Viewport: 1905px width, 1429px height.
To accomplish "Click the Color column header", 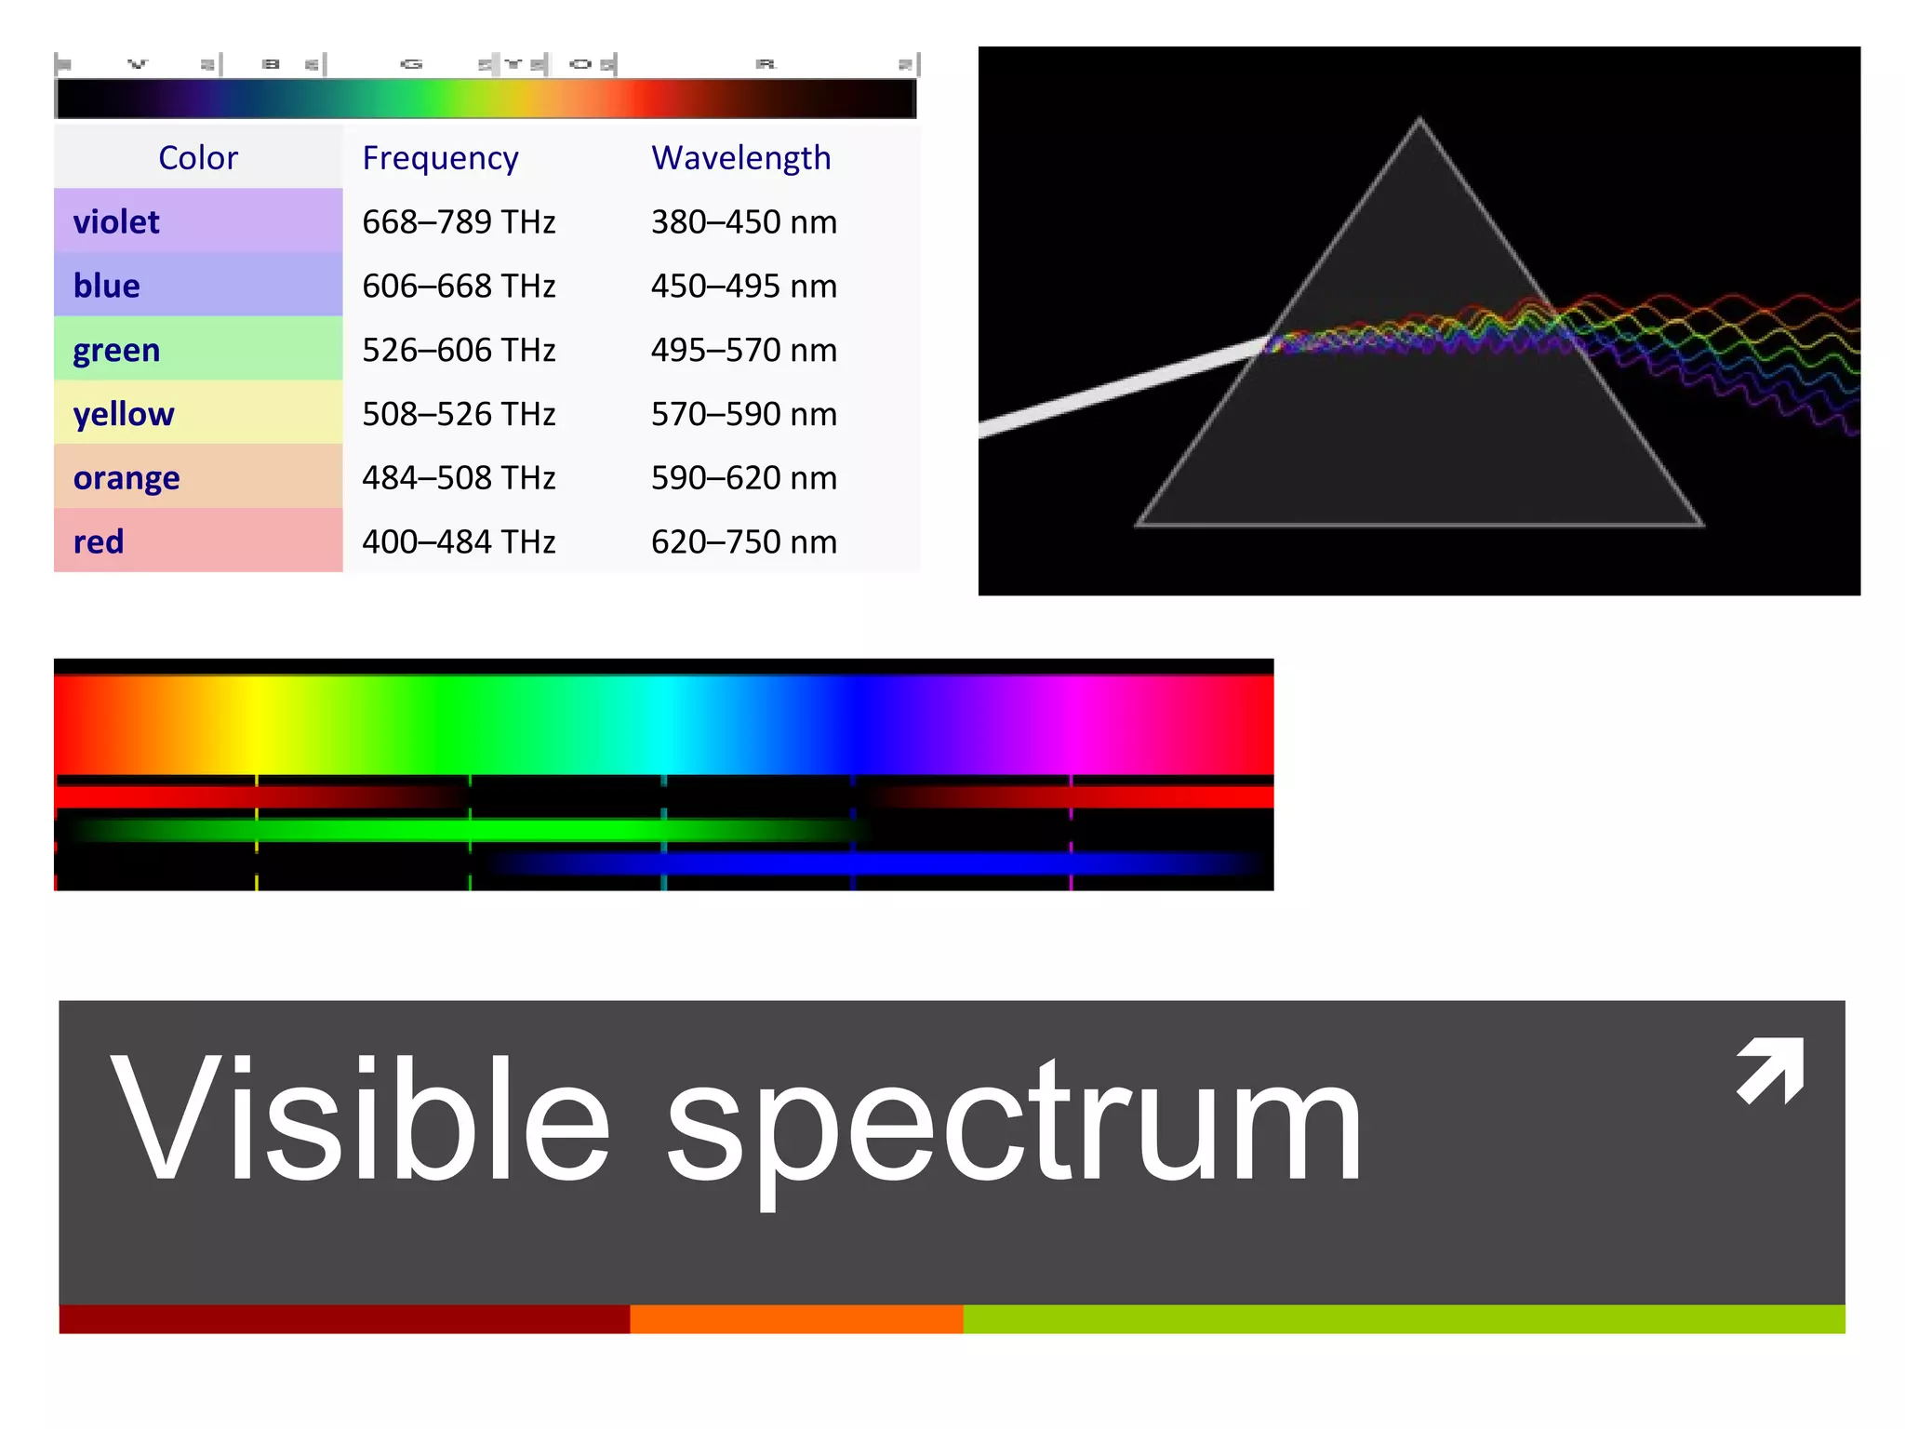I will click(x=197, y=158).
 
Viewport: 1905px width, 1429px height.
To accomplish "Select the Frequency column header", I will click(x=440, y=158).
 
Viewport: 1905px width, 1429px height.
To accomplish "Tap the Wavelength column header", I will click(x=740, y=158).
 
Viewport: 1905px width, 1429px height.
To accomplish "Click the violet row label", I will click(x=116, y=222).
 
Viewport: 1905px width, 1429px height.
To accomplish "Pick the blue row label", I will click(x=107, y=286).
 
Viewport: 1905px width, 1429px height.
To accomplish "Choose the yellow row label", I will click(x=124, y=414).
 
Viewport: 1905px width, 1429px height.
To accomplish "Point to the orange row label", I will click(x=127, y=478).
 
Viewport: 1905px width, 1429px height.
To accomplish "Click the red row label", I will click(x=99, y=541).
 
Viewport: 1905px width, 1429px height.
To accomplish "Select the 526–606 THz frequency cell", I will click(x=459, y=350).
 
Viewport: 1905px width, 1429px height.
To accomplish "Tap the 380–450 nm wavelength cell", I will click(x=743, y=222).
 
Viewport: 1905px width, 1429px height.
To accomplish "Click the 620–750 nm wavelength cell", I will click(x=743, y=541).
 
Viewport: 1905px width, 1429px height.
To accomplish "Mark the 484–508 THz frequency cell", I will click(x=459, y=478).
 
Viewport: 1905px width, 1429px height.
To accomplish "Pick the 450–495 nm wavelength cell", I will click(x=743, y=286).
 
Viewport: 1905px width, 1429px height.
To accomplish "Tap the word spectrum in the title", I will click(x=1014, y=1126).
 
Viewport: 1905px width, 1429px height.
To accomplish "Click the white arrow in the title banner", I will click(x=1771, y=1070).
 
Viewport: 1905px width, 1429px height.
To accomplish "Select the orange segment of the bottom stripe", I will click(x=796, y=1319).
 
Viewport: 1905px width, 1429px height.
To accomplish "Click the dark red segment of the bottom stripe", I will click(x=344, y=1319).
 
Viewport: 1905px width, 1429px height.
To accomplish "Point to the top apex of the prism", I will click(x=1419, y=120).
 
